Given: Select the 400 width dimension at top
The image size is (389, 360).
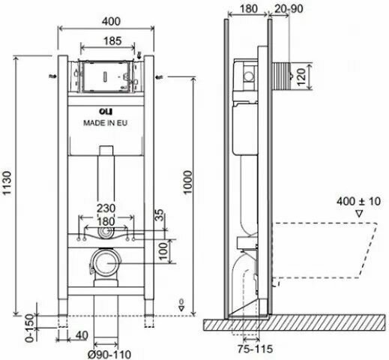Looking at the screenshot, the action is [x=112, y=21].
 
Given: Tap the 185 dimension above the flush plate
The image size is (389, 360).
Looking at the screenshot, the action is [x=112, y=40].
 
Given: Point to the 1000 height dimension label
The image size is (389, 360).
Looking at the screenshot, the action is [x=187, y=182].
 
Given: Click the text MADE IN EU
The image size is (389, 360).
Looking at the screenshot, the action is [x=105, y=123].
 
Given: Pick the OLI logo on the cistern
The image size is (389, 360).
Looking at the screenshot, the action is [x=106, y=111].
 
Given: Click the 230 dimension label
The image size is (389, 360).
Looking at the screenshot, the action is [x=106, y=208].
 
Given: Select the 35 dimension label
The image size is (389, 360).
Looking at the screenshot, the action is [x=160, y=215].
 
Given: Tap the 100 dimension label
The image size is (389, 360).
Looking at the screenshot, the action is [x=163, y=251].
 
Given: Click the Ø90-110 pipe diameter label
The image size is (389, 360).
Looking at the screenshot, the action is [x=109, y=354].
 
